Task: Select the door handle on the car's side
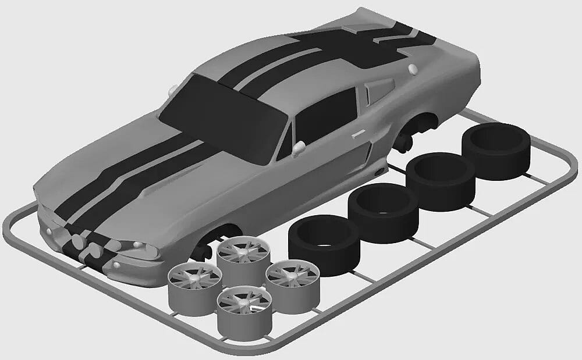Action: pos(357,135)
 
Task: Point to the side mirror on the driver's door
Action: pos(299,148)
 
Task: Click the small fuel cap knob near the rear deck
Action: pos(413,69)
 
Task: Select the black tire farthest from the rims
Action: pos(496,148)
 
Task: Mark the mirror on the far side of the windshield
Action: pos(173,90)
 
